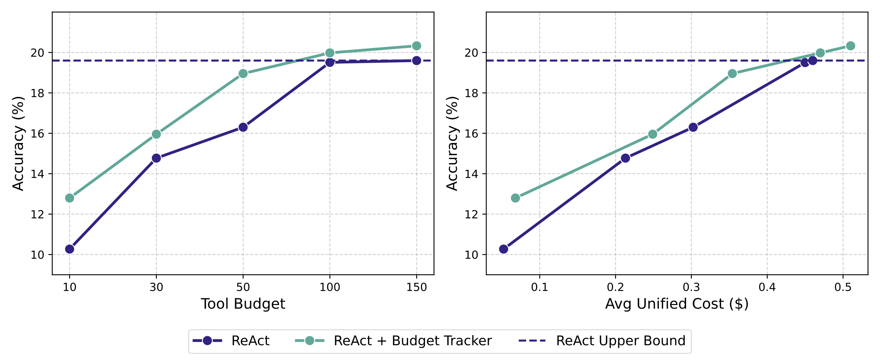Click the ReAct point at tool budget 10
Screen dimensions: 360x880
pos(70,249)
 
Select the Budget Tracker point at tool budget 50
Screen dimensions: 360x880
pos(243,74)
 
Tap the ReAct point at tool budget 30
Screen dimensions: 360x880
pos(156,158)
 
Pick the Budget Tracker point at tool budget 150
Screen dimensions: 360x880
pos(416,46)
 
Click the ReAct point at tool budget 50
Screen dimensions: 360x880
pos(243,127)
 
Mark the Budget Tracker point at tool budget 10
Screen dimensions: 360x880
pos(70,198)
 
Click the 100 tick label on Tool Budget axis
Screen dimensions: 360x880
pos(330,287)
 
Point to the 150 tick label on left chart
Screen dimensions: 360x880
pos(416,287)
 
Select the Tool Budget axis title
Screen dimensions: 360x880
pos(243,304)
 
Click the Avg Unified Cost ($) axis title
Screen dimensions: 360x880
pos(676,304)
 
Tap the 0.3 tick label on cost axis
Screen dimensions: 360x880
pos(691,287)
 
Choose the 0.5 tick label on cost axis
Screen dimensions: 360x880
pos(843,287)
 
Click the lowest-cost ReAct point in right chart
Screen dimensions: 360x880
pos(503,249)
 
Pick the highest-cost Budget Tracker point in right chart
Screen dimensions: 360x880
pos(850,46)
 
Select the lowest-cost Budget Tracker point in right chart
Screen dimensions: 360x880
pos(515,198)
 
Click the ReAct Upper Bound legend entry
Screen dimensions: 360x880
pos(620,341)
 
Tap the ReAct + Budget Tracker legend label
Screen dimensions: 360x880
pos(412,341)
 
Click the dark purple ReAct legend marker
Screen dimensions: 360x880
pos(208,341)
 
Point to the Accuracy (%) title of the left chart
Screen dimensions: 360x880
pos(18,143)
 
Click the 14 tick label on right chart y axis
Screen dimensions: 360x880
pos(472,174)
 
